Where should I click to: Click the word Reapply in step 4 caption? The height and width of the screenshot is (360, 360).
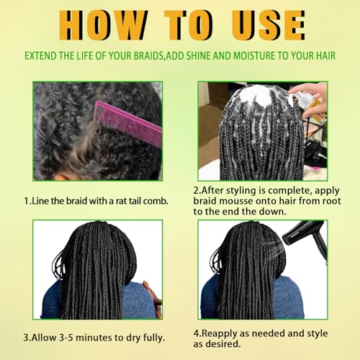[x=222, y=333]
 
